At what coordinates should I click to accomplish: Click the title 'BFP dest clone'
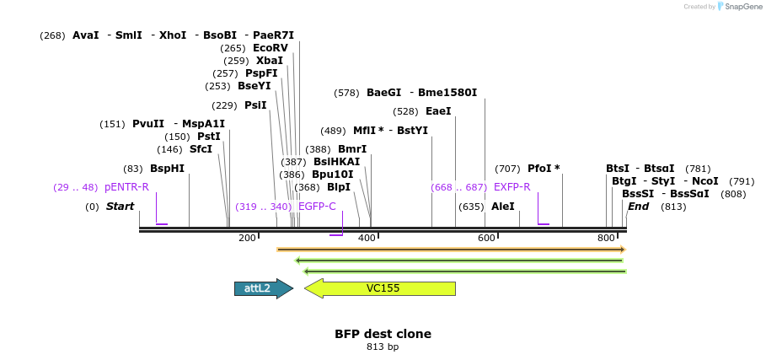[x=383, y=334]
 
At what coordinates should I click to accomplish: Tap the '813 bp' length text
[x=383, y=347]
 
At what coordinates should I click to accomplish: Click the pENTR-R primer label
[x=126, y=187]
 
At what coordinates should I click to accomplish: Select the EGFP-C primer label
[x=317, y=207]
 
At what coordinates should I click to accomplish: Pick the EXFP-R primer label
[x=512, y=187]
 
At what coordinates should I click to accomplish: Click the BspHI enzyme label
[x=167, y=169]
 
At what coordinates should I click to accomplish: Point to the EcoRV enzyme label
[x=270, y=48]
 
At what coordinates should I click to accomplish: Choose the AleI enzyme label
[x=502, y=207]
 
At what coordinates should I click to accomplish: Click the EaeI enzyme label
[x=438, y=111]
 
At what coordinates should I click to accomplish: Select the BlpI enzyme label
[x=338, y=187]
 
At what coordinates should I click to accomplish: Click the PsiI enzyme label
[x=254, y=105]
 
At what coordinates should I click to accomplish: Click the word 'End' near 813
[x=638, y=207]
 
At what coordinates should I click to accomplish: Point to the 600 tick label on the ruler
[x=487, y=239]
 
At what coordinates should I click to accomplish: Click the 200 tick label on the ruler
[x=247, y=239]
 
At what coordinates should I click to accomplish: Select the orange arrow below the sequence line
[x=451, y=250]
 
